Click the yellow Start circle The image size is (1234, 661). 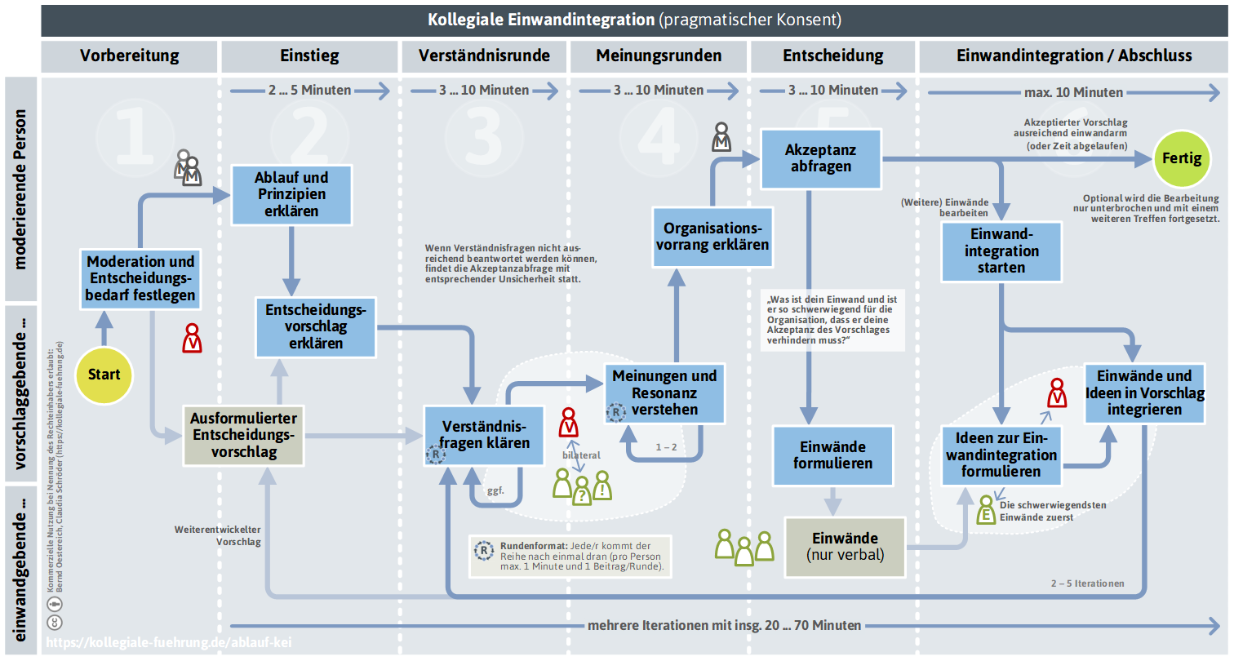point(104,375)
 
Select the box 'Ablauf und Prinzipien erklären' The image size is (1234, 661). point(291,194)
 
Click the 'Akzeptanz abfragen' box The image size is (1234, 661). point(821,158)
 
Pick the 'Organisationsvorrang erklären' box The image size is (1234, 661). point(712,237)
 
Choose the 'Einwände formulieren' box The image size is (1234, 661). point(832,455)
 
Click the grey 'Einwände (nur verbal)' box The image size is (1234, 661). point(845,547)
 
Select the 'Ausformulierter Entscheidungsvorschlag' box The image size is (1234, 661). point(243,435)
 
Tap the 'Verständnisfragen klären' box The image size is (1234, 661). point(484,435)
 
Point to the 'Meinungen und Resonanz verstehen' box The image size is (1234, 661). point(664,393)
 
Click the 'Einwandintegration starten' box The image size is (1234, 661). point(1001,251)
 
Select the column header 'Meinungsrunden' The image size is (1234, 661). point(659,55)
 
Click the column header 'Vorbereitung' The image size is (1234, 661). point(130,55)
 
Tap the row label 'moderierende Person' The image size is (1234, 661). point(20,189)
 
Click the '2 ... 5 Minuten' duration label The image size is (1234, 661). point(309,90)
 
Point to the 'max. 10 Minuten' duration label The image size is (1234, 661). point(1073,92)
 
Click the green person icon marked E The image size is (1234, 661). point(986,509)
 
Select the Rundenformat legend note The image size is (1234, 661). point(570,557)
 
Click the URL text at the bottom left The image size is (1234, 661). point(169,642)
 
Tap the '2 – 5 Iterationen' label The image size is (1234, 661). point(1087,583)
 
